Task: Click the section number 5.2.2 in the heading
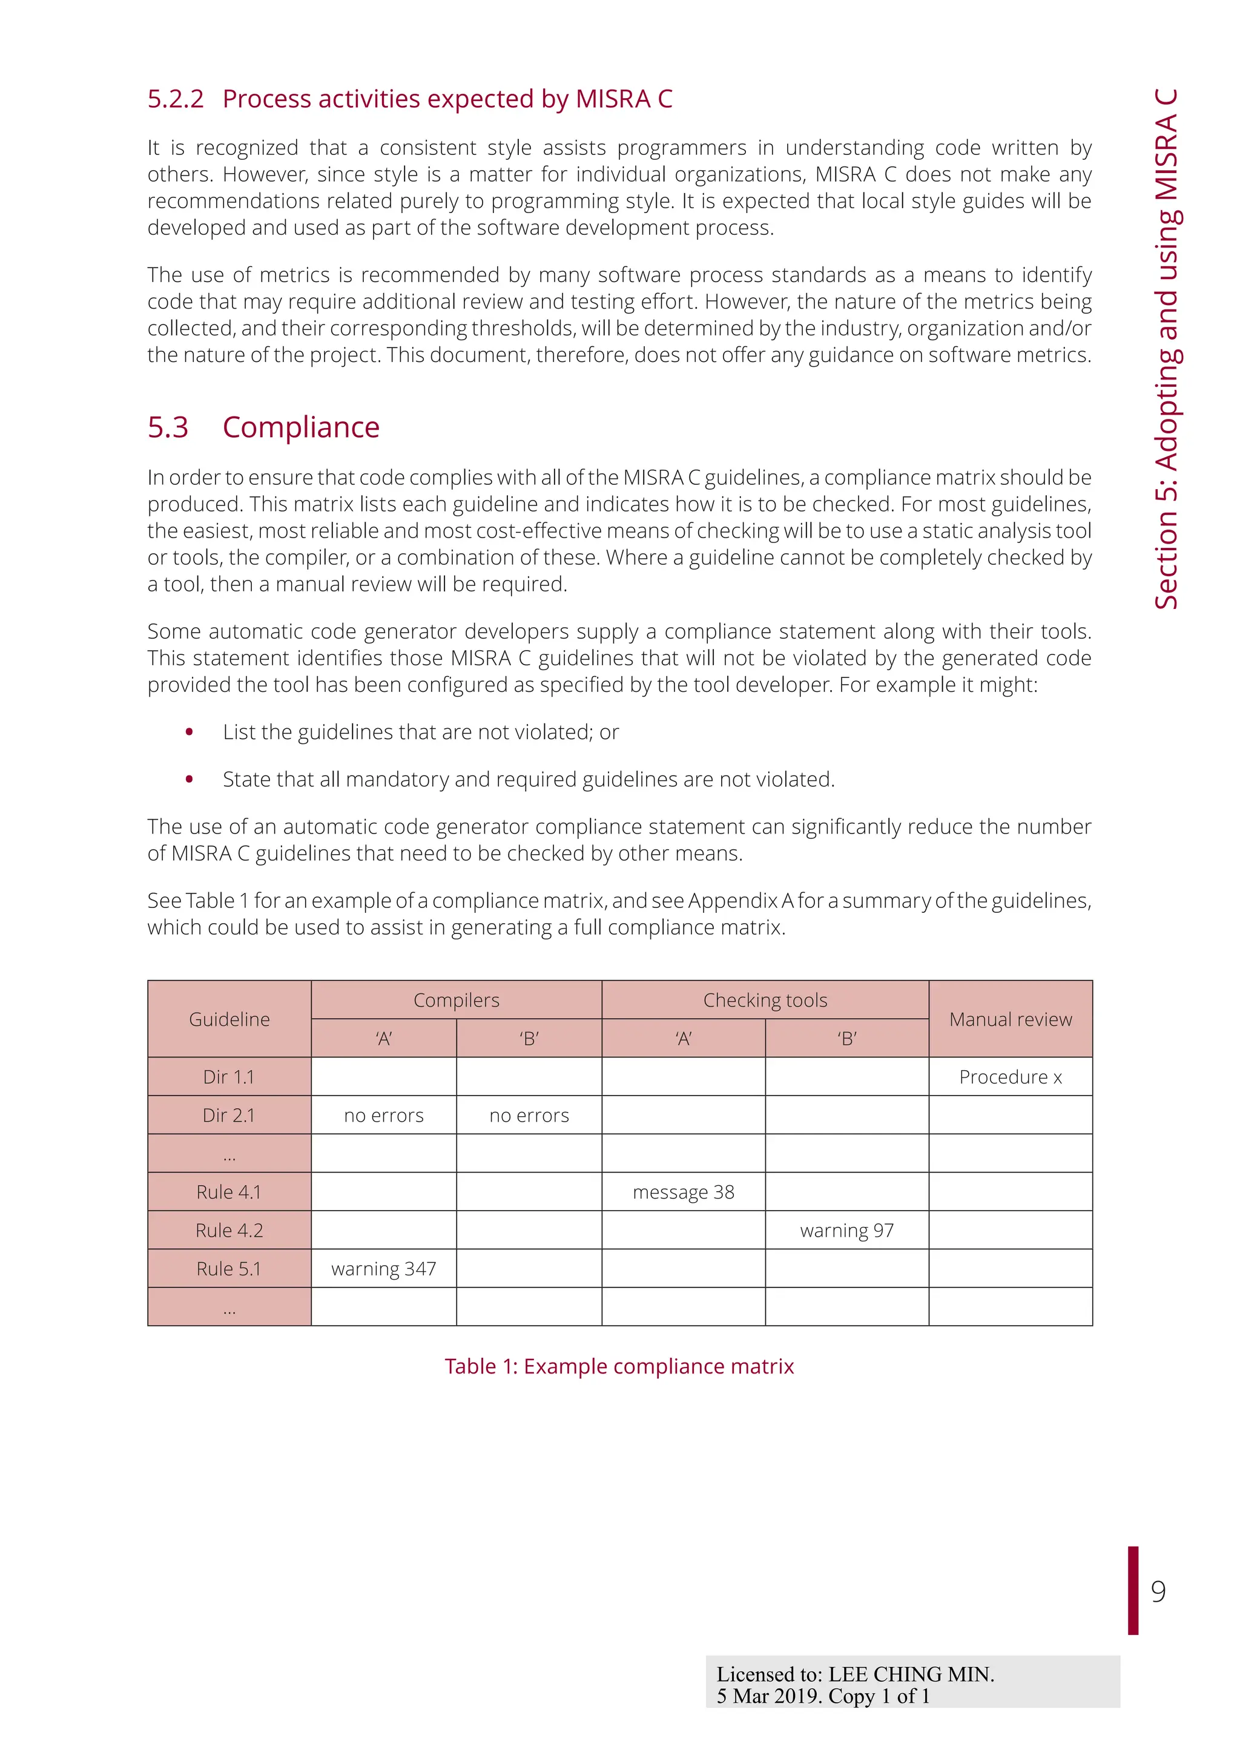pos(176,99)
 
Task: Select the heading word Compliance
pos(301,427)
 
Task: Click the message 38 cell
pos(684,1192)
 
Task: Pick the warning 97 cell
pos(847,1230)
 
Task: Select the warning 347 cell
pos(383,1268)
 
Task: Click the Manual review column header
pos(1010,1019)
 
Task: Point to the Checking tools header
pos(765,1000)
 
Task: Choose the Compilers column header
pos(456,1000)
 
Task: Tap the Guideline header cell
pos(229,1019)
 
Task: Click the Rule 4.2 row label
pos(229,1230)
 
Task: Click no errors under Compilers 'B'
pos(529,1116)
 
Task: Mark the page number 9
pos(1158,1591)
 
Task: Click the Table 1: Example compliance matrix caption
pos(619,1366)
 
